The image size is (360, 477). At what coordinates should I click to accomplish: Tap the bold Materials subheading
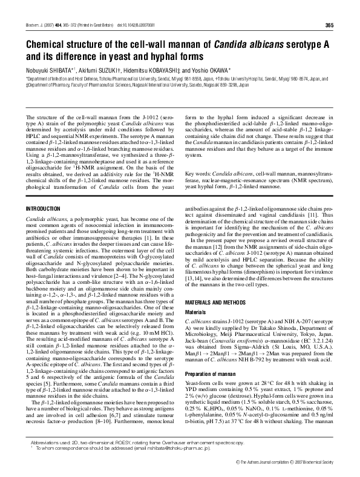[195, 312]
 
